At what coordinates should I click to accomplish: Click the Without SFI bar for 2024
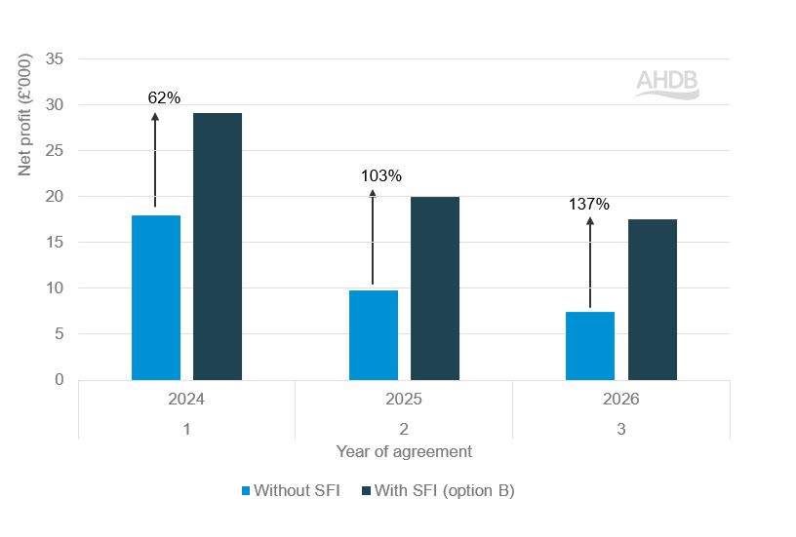[156, 297]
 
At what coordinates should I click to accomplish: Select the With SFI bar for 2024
[218, 247]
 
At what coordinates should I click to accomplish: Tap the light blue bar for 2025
[373, 334]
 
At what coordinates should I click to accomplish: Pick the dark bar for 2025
[435, 288]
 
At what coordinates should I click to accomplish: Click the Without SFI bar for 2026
[590, 345]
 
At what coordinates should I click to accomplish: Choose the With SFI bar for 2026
[653, 299]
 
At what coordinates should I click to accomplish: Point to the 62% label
[164, 97]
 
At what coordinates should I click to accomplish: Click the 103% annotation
[380, 176]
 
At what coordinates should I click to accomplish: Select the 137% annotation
[589, 205]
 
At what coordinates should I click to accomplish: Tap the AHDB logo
[667, 84]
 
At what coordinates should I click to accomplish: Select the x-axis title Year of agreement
[404, 451]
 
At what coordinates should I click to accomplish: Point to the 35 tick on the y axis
[55, 59]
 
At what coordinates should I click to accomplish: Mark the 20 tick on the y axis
[55, 197]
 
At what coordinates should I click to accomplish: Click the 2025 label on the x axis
[404, 400]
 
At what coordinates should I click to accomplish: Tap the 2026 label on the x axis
[620, 400]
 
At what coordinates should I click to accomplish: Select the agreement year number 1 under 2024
[186, 428]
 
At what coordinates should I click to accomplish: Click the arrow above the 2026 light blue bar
[590, 263]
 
